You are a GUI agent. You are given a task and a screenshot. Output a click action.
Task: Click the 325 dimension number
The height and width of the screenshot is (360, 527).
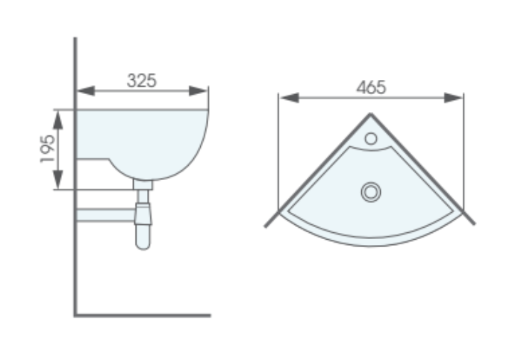[141, 81]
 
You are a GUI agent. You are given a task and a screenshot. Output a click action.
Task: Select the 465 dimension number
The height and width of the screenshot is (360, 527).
[370, 87]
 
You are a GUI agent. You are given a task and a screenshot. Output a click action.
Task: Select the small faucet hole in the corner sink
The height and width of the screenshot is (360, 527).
[370, 138]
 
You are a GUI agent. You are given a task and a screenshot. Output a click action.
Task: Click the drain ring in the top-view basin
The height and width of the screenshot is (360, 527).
[370, 192]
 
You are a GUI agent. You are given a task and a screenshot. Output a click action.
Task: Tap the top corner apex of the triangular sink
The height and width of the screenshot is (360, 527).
[371, 114]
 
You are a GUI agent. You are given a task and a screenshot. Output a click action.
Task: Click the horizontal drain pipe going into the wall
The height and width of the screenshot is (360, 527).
[105, 215]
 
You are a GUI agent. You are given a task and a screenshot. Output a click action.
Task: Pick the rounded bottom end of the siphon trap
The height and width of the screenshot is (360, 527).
[143, 242]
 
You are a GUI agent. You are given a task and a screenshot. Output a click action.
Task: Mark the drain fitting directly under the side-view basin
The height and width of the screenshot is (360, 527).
[143, 184]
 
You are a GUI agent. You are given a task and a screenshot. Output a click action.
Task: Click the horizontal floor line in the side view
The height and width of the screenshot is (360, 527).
[142, 314]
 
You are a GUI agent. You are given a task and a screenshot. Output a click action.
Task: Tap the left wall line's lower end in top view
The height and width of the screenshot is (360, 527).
[268, 223]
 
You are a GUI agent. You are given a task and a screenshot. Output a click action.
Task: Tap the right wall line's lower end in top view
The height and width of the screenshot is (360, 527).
[473, 223]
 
